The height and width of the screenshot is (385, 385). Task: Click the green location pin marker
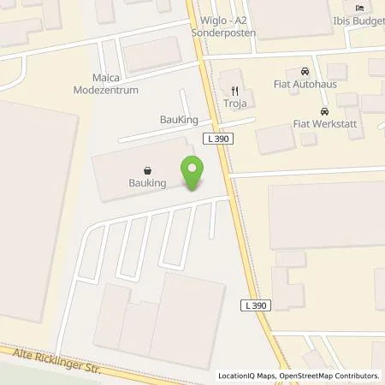192,174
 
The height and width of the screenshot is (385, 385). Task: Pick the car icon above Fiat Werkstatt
323,112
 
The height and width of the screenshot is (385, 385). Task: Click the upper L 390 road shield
216,139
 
